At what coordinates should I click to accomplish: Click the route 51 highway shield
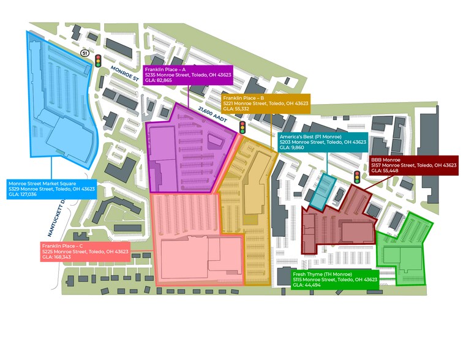pyautogui.click(x=85, y=54)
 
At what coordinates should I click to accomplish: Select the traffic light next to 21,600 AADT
pyautogui.click(x=242, y=127)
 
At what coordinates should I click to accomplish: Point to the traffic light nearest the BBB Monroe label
pyautogui.click(x=357, y=177)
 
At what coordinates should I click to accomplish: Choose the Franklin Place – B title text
pyautogui.click(x=244, y=98)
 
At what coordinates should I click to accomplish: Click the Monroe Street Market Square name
pyautogui.click(x=41, y=182)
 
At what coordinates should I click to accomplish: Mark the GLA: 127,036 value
pyautogui.click(x=22, y=195)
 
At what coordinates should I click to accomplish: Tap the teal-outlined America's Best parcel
pyautogui.click(x=322, y=191)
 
